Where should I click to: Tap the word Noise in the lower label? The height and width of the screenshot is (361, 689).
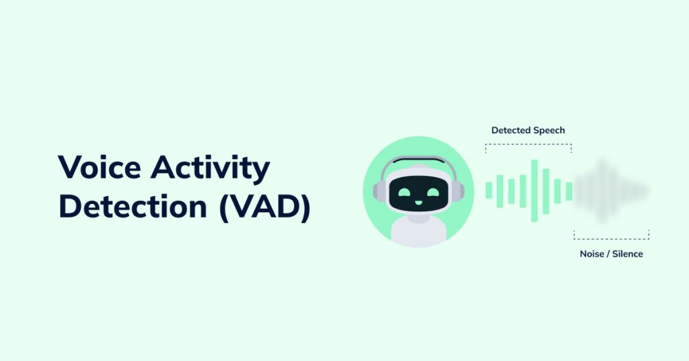(x=591, y=254)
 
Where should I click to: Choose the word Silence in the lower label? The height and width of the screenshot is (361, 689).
(x=626, y=254)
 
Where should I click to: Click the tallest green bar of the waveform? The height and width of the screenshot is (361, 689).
(x=534, y=191)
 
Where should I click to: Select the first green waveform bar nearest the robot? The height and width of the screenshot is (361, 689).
(x=489, y=191)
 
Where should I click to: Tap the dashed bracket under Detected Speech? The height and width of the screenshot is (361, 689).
(x=529, y=145)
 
